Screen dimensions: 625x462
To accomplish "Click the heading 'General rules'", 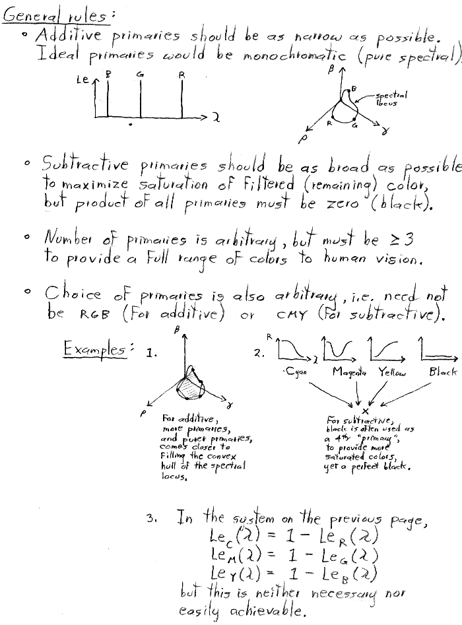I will [56, 13].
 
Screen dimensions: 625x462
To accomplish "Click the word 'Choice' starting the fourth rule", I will [75, 294].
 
